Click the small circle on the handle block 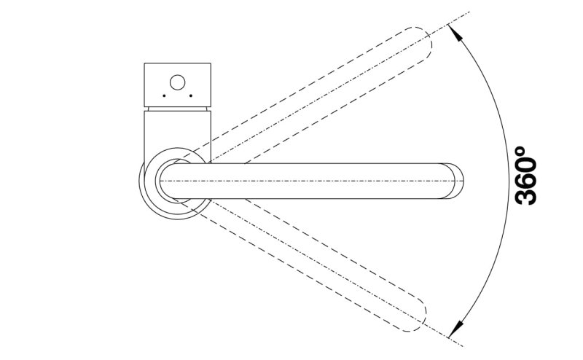pyautogui.click(x=178, y=82)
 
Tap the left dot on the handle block pyautogui.click(x=165, y=95)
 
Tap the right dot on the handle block pyautogui.click(x=190, y=95)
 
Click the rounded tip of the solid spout pyautogui.click(x=458, y=180)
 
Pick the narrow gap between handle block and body pyautogui.click(x=178, y=108)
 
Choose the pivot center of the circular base pyautogui.click(x=175, y=180)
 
